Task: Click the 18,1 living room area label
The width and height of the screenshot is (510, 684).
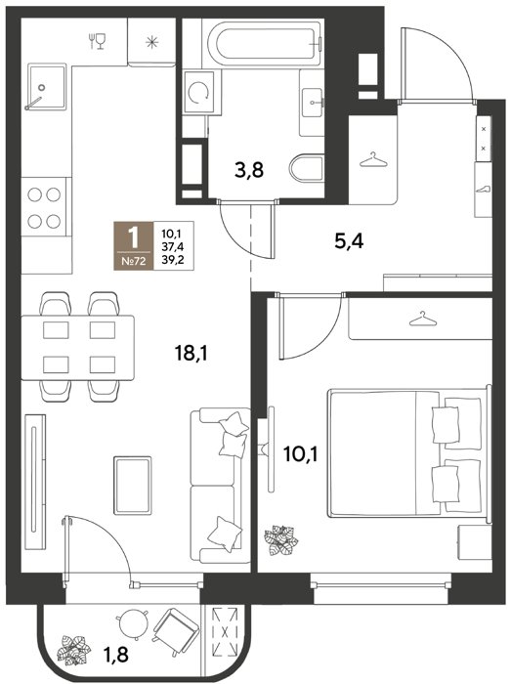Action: [x=191, y=354]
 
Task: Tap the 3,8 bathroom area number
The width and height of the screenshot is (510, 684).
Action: [x=249, y=170]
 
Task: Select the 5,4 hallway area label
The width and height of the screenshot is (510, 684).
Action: [x=349, y=240]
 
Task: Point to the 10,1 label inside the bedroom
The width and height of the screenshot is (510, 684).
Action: [x=301, y=454]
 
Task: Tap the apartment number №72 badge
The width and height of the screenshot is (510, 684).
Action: [x=134, y=262]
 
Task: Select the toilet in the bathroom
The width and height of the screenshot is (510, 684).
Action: [x=306, y=167]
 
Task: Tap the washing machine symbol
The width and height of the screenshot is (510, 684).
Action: [x=199, y=93]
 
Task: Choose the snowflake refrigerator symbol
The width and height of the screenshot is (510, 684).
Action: [x=151, y=42]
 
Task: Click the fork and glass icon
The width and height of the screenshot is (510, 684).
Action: [x=97, y=41]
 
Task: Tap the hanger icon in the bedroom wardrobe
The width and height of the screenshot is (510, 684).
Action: [x=422, y=319]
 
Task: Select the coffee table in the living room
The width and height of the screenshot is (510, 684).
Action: [x=133, y=485]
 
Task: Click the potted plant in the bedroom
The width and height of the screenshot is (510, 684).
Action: [x=281, y=540]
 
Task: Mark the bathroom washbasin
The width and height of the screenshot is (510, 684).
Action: [x=312, y=102]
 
